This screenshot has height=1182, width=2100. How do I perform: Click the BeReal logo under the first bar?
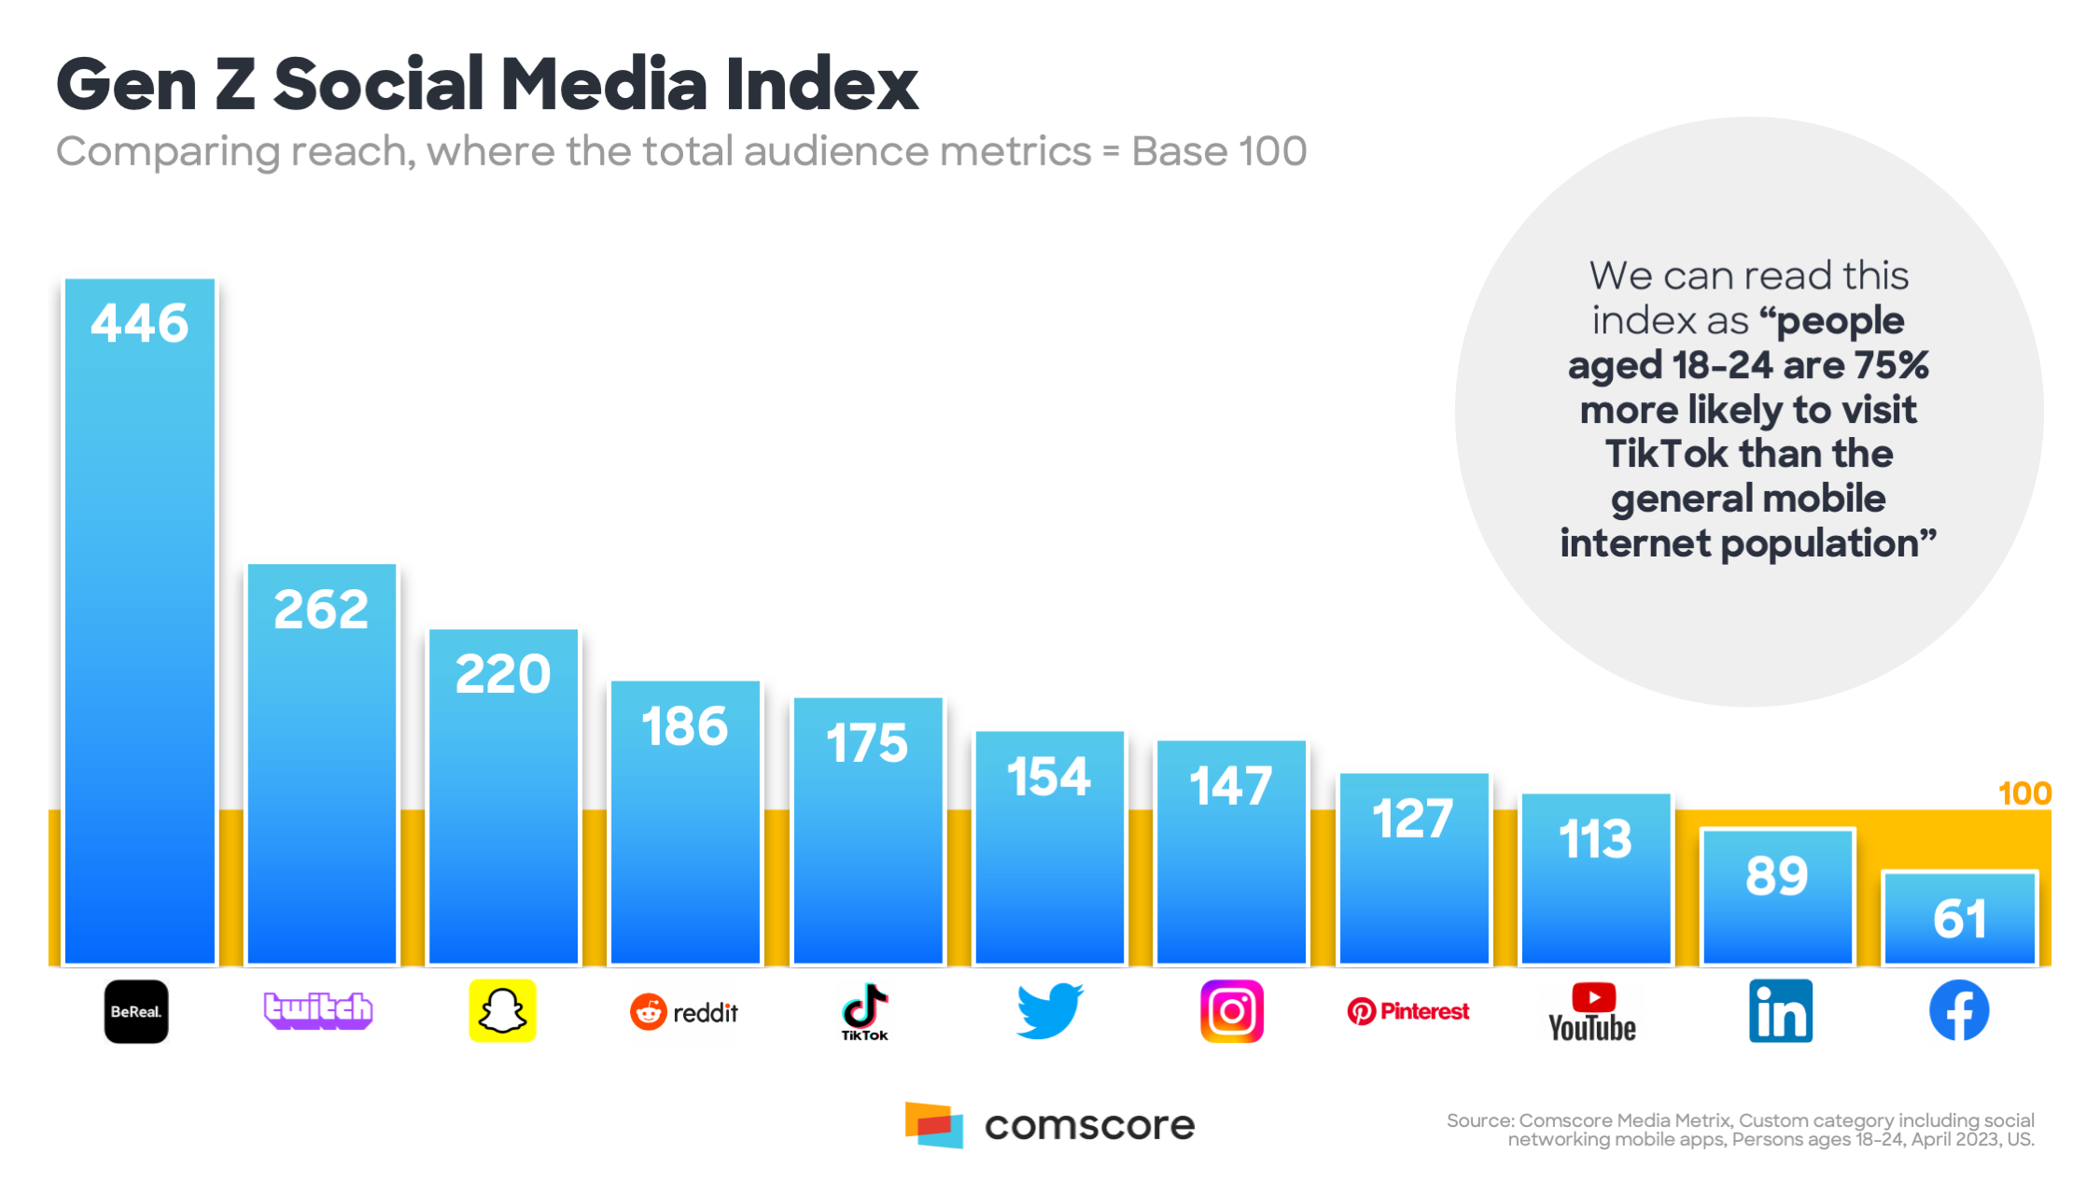(136, 1011)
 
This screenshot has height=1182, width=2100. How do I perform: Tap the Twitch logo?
(318, 1010)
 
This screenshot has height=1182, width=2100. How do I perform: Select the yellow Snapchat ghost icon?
(502, 1011)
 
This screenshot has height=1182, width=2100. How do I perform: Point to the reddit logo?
(684, 1012)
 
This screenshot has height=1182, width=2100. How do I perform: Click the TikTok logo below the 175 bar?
(865, 1012)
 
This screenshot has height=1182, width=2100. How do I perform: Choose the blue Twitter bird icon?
(1049, 1010)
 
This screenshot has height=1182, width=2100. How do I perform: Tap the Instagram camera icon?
(1231, 1011)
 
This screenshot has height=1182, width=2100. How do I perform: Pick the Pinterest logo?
(1408, 1011)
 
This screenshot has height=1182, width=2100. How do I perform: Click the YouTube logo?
(1592, 1012)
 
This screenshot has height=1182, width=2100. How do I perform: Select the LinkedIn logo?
(1780, 1011)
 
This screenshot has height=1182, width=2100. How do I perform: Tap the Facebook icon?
(1959, 1010)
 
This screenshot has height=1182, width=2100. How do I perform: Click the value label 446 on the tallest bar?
(140, 324)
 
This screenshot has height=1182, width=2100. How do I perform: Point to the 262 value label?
(321, 610)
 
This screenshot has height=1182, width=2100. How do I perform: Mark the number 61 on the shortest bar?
(1960, 919)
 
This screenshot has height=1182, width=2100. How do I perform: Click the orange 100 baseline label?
(2024, 794)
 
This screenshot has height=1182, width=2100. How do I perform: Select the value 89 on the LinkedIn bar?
(1777, 876)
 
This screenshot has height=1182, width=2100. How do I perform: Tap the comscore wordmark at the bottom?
(1089, 1125)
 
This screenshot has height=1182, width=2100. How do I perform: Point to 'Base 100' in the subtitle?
(1219, 151)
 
